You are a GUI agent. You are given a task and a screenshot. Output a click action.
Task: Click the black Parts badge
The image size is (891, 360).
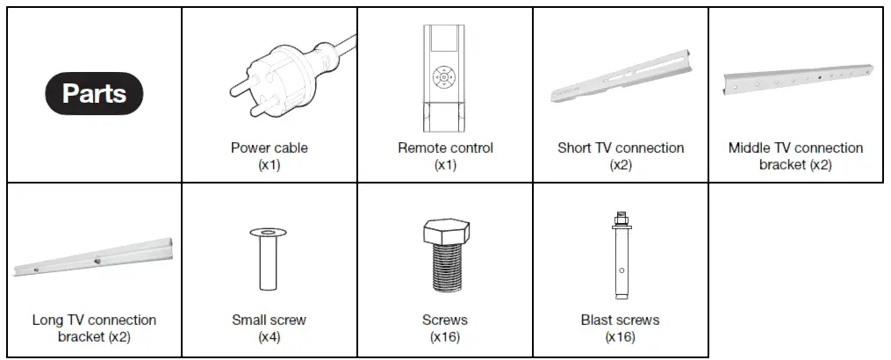(94, 94)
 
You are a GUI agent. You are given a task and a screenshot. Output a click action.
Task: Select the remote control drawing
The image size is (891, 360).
(444, 77)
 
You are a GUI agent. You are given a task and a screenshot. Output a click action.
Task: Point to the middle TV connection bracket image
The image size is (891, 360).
(795, 80)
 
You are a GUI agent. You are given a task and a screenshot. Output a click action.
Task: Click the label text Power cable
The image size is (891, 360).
(269, 148)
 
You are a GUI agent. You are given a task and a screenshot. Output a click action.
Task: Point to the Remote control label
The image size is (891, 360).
(445, 148)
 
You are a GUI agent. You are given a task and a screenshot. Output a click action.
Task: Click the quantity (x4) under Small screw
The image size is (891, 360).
(269, 336)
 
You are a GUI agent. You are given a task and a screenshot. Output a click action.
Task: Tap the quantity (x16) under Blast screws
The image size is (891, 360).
(620, 336)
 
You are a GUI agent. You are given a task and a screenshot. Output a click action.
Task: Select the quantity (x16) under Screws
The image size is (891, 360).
(444, 336)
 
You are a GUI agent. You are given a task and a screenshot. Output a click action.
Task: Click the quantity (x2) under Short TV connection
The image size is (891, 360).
(620, 164)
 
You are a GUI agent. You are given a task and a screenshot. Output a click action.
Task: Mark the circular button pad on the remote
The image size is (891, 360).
(444, 77)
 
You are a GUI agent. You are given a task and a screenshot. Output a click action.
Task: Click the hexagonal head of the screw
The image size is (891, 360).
(444, 233)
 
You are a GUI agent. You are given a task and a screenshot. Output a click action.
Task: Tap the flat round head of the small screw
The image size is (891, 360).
(269, 233)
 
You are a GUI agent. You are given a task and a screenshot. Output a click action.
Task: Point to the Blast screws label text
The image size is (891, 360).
(620, 320)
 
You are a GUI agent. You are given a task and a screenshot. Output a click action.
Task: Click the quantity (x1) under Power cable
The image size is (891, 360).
(269, 164)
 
